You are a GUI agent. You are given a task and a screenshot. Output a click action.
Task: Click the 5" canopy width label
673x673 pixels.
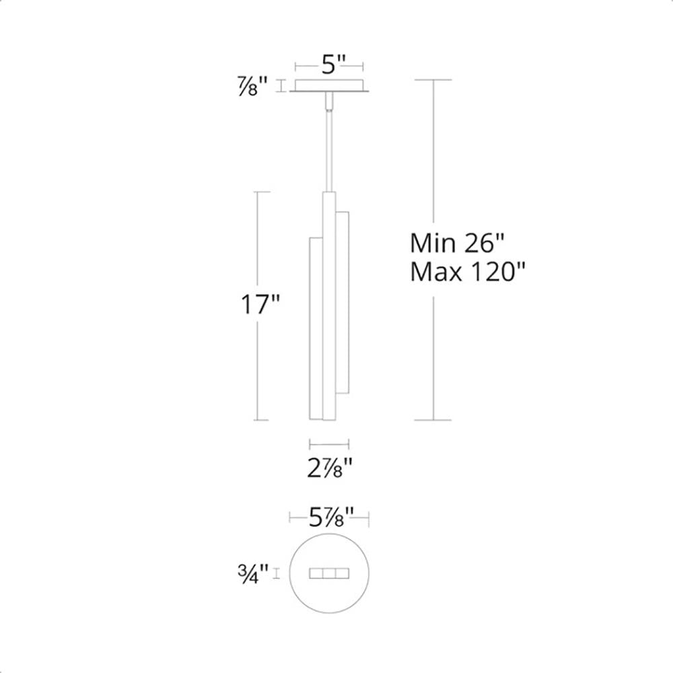330,66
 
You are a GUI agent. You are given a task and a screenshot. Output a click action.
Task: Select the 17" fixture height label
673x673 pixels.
260,306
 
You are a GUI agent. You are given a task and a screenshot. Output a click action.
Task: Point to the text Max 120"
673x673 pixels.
467,273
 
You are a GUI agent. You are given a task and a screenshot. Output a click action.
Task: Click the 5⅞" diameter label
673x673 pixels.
330,518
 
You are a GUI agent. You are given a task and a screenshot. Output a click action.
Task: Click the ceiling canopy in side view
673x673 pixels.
330,87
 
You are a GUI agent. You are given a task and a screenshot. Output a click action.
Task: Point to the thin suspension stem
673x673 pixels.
329,148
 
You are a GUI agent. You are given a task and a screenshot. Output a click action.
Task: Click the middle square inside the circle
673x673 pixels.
330,573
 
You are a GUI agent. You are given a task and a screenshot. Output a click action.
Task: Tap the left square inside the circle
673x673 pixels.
316,573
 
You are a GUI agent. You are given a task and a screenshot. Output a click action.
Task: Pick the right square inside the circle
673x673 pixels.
343,573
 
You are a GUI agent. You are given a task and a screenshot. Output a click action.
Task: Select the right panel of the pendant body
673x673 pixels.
342,303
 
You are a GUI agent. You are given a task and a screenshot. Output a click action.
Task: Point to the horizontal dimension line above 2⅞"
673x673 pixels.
329,443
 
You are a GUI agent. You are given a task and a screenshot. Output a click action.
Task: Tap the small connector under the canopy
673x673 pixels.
329,101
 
